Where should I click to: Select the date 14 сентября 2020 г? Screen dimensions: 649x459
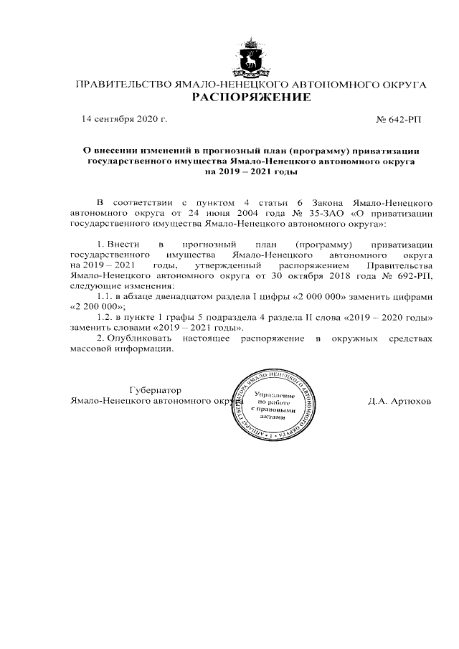(124, 118)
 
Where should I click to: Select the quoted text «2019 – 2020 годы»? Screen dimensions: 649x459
(384, 316)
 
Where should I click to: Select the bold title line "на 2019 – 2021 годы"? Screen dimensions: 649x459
(251, 172)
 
